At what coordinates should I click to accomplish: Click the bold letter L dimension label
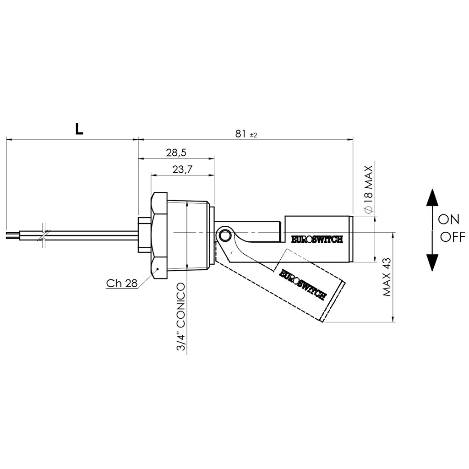tap(79, 129)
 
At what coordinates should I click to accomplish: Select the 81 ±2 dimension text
tap(246, 134)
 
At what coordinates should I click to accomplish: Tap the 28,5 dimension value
tap(176, 153)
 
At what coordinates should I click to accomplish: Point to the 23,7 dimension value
tap(182, 169)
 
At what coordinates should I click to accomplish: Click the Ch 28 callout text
tap(122, 283)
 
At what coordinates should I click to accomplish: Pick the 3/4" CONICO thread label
tap(181, 317)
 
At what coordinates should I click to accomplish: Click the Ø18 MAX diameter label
tap(369, 190)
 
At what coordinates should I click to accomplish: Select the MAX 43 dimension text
tap(387, 277)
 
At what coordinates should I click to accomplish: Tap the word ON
tap(448, 219)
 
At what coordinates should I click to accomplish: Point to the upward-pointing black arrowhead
tap(432, 197)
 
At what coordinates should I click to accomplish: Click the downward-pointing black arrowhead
tap(432, 262)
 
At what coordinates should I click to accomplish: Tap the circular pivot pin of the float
tap(224, 235)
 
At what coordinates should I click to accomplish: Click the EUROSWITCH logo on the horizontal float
tap(317, 239)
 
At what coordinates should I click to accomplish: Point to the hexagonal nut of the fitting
tap(159, 235)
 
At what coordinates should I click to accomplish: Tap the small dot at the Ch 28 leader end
tap(158, 268)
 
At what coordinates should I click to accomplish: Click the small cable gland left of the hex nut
tap(144, 235)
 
